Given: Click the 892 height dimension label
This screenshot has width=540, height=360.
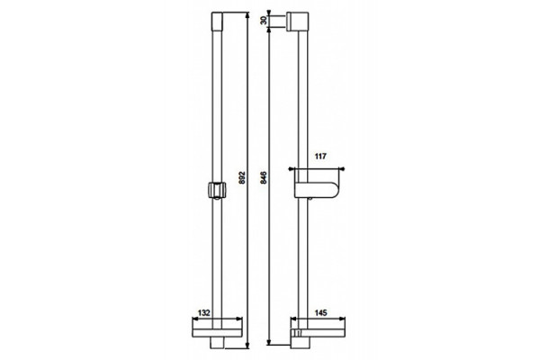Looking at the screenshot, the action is (242, 177).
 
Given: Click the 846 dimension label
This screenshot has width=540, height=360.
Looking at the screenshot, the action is (264, 177).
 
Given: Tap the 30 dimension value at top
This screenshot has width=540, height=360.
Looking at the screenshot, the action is (264, 21).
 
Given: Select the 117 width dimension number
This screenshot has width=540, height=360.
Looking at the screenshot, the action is (320, 157).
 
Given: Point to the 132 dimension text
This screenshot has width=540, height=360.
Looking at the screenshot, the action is (204, 313).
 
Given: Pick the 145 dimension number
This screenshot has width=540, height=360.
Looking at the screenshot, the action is (320, 313).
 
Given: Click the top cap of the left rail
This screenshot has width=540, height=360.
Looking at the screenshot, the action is (217, 22).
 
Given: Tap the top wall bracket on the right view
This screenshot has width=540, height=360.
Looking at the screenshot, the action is (297, 22).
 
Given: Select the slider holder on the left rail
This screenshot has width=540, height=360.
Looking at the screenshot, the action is (217, 190).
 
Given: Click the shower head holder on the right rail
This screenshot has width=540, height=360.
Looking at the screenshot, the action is (317, 190).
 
